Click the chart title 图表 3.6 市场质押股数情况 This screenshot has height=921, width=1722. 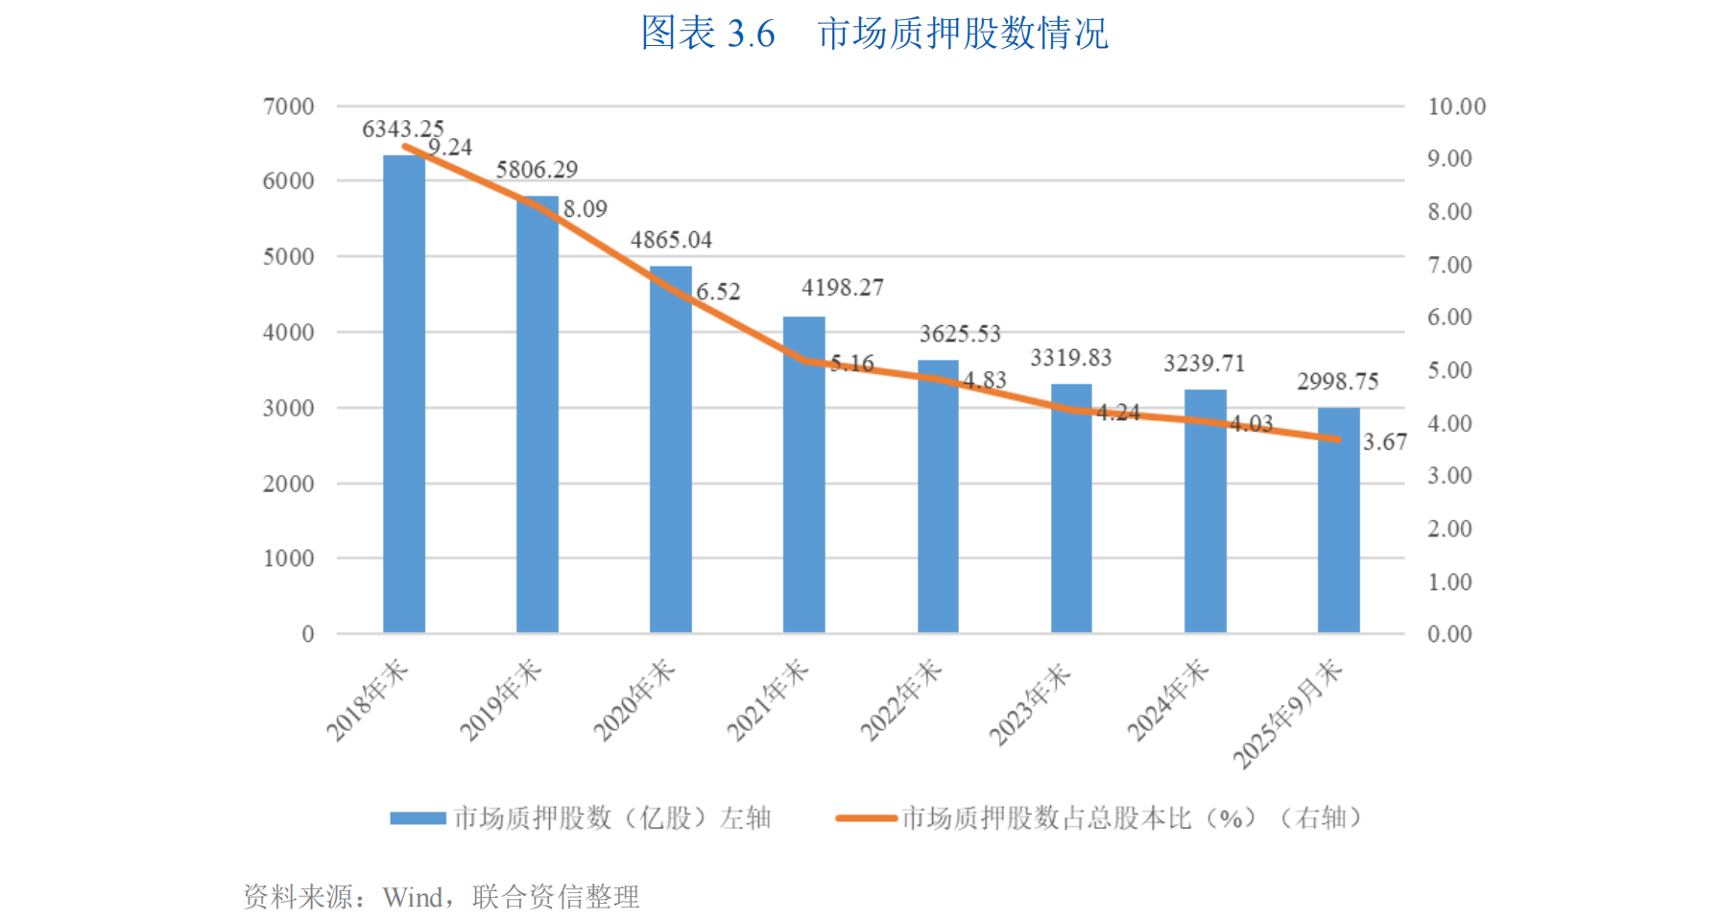point(874,34)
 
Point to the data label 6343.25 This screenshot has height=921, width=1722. point(402,129)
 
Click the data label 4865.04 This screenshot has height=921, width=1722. point(671,240)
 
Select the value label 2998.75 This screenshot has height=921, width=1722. point(1337,382)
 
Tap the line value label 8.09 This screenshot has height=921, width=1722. point(585,209)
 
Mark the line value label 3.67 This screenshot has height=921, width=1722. point(1384,442)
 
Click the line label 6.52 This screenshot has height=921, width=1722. point(718,292)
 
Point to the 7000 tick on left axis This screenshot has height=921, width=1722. point(288,106)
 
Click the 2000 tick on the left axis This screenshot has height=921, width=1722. point(288,484)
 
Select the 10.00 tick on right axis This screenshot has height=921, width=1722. point(1456,106)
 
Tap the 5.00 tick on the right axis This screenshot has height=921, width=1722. point(1449,370)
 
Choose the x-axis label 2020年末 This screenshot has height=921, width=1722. point(634,701)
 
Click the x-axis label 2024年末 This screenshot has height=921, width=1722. point(1167,701)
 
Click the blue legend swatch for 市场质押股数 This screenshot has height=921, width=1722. point(418,818)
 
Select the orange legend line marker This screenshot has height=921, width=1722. point(866,818)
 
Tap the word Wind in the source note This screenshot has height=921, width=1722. point(413,897)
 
